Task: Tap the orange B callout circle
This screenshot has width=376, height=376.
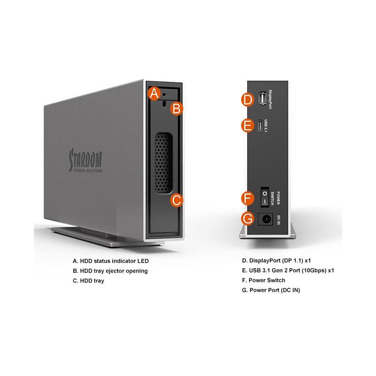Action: pyautogui.click(x=176, y=109)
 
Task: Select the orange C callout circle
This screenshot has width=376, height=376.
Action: pyautogui.click(x=176, y=200)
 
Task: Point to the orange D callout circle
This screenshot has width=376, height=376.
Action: pyautogui.click(x=247, y=99)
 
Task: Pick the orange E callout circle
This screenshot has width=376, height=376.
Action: pyautogui.click(x=247, y=125)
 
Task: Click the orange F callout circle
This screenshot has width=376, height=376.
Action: pyautogui.click(x=247, y=198)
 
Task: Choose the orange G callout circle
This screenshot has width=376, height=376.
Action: pyautogui.click(x=247, y=219)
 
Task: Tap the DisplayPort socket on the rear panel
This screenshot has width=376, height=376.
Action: pyautogui.click(x=262, y=99)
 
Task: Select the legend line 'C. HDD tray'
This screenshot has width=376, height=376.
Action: pyautogui.click(x=88, y=281)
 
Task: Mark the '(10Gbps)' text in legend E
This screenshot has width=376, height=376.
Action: pyautogui.click(x=311, y=271)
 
